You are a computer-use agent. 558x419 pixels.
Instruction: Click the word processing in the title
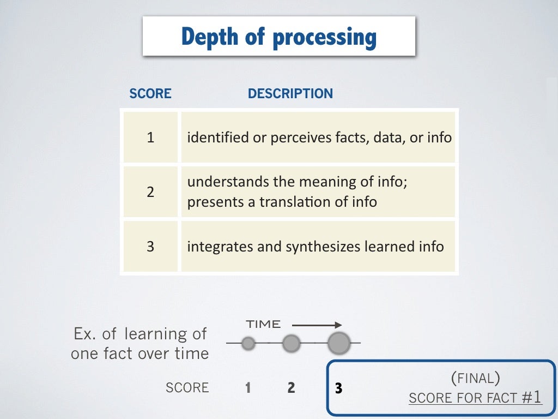coord(324,38)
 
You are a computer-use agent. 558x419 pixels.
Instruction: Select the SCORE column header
coord(150,94)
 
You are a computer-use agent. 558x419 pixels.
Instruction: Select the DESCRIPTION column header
coord(290,94)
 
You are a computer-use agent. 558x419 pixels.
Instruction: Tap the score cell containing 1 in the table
coord(150,137)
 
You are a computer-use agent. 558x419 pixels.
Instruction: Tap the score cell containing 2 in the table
coord(150,191)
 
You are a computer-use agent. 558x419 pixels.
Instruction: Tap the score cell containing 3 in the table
coord(150,247)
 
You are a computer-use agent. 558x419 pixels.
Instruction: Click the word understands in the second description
coord(221,181)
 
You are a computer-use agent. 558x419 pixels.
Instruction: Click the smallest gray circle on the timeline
coord(248,343)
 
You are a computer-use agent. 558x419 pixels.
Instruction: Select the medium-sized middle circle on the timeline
coord(292,343)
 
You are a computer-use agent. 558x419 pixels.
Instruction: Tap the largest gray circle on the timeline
coord(339,343)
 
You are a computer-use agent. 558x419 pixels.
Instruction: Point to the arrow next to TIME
coord(316,325)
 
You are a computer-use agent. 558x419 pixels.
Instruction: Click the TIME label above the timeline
coord(263,325)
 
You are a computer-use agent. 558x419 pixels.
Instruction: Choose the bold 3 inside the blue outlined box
coord(339,388)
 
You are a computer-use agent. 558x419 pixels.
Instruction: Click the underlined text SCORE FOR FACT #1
coord(475,398)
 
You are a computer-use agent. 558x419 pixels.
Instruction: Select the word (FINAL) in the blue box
coord(475,377)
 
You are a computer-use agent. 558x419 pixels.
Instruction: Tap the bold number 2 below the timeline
coord(292,388)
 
